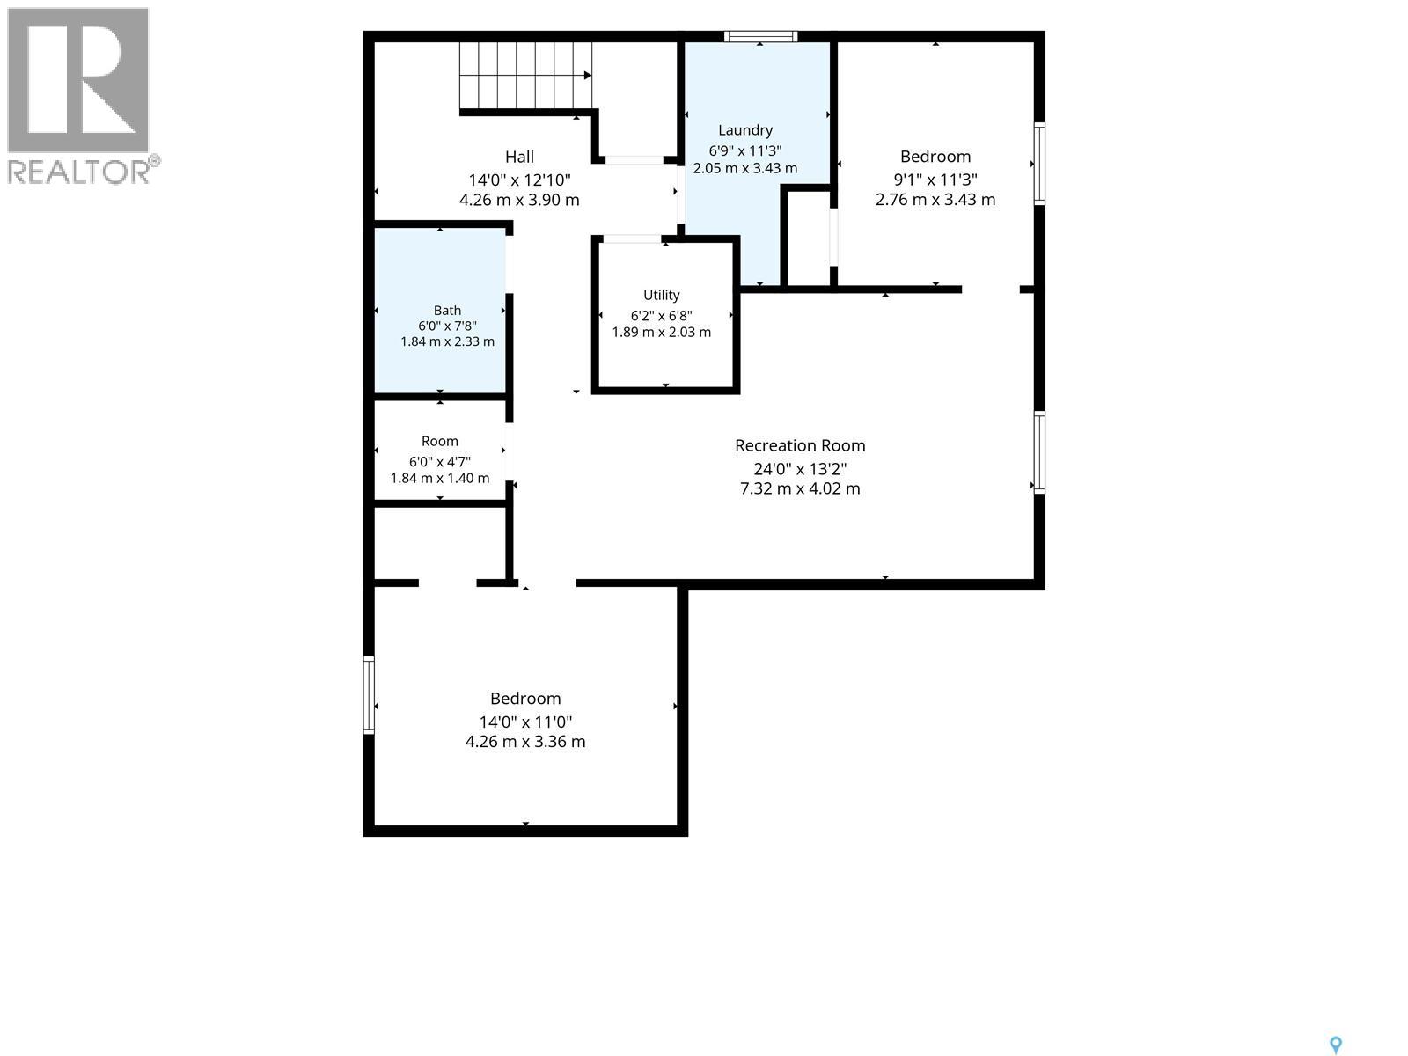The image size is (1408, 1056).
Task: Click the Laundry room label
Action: tap(744, 130)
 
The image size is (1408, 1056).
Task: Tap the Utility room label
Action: tap(662, 295)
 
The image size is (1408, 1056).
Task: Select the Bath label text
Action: tap(447, 311)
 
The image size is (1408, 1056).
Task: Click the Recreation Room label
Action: tap(800, 445)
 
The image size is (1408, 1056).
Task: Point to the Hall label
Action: tap(519, 158)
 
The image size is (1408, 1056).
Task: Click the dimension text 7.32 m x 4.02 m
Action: tap(800, 488)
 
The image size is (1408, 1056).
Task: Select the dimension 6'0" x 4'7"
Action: tap(439, 462)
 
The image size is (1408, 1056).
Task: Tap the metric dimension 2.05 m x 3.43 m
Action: tap(744, 169)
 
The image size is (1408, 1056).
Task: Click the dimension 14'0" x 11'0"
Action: tap(525, 722)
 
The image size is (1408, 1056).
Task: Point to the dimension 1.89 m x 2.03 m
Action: tap(662, 332)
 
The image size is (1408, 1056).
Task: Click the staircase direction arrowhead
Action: tap(588, 76)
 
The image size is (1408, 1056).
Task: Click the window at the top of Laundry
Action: tap(761, 37)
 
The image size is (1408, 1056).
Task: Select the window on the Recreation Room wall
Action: tap(1039, 452)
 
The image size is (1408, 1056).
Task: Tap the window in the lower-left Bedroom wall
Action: tap(369, 695)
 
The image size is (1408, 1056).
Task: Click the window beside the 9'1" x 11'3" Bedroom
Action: tap(1039, 164)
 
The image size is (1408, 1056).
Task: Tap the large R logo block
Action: tap(77, 79)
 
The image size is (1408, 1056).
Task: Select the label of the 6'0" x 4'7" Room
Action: tap(439, 441)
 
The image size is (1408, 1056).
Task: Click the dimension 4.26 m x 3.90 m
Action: tap(519, 200)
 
